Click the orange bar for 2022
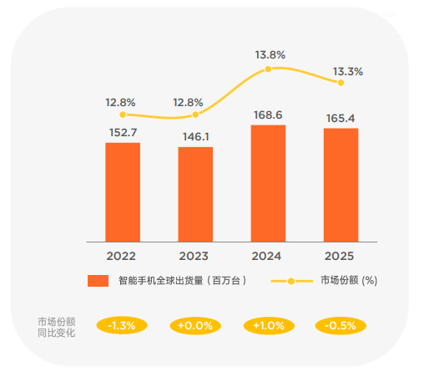click(123, 192)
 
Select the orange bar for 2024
click(268, 184)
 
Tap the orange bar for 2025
click(341, 185)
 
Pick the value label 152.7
click(123, 131)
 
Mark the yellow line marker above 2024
click(268, 69)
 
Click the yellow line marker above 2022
click(123, 115)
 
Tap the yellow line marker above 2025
click(341, 83)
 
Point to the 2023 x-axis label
click(195, 256)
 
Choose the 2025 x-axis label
click(341, 256)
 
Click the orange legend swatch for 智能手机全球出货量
click(98, 281)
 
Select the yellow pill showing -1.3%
click(122, 326)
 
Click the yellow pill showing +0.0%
click(195, 326)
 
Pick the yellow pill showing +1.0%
click(268, 326)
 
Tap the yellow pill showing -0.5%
click(341, 326)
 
